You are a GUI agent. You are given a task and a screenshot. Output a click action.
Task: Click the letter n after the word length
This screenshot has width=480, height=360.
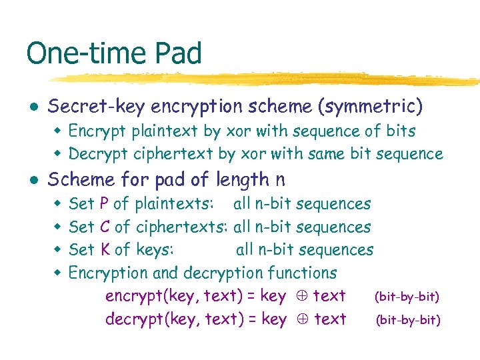(x=279, y=180)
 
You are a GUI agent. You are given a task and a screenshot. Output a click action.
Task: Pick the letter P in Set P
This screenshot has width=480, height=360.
(x=104, y=204)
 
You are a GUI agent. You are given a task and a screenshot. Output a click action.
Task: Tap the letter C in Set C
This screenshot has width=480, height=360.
(x=104, y=227)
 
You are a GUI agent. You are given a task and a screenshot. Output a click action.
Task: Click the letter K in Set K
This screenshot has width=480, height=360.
(x=104, y=250)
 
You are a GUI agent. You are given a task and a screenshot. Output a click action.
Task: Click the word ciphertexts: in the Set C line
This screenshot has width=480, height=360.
(x=183, y=227)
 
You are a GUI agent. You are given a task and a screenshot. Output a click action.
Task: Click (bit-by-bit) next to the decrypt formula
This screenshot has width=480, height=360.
(x=408, y=320)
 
